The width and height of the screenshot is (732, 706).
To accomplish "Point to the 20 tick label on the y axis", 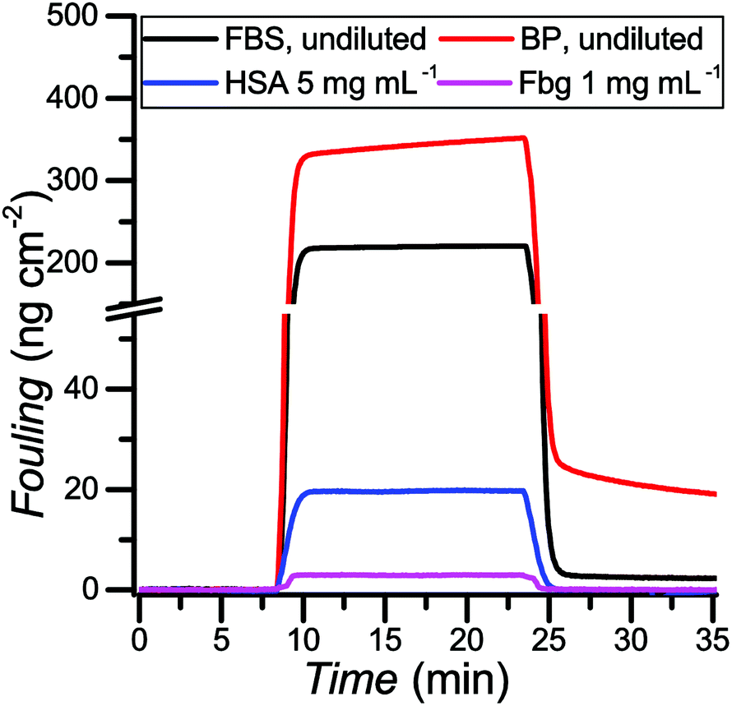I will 103,489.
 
